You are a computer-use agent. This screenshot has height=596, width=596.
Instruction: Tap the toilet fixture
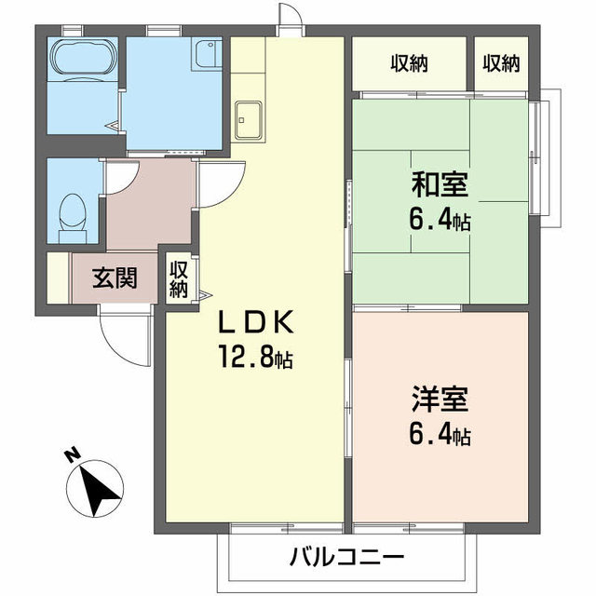(70, 215)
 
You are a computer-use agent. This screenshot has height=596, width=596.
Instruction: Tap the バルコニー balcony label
(346, 559)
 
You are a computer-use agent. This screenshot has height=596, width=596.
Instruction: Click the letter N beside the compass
(70, 454)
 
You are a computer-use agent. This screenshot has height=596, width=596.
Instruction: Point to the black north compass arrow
(97, 488)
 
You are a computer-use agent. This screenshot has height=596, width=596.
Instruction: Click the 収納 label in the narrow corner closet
(501, 63)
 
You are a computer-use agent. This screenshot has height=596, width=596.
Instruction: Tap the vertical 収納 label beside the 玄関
(179, 278)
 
